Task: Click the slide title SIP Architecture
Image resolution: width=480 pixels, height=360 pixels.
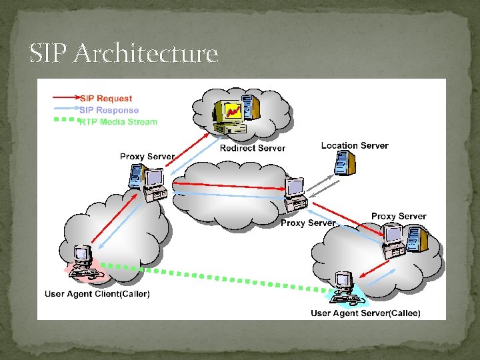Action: tap(124, 53)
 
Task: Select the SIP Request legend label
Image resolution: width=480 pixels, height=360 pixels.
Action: tap(106, 99)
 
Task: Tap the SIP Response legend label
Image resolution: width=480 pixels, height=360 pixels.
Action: tap(109, 110)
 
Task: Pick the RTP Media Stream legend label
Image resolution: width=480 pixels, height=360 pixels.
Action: tap(118, 121)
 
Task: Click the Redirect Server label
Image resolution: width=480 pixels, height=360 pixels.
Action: tap(252, 148)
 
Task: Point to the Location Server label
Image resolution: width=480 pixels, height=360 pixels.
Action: tap(354, 145)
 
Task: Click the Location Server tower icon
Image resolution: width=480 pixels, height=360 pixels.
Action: tap(344, 163)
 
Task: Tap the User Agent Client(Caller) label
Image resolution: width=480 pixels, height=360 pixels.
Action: tap(97, 293)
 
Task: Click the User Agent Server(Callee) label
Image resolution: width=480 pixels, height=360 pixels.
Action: tap(365, 313)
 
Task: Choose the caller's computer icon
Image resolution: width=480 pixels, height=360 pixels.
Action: tap(83, 262)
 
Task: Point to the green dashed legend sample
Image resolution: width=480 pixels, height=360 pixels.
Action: tap(65, 120)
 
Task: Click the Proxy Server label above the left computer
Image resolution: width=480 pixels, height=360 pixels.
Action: tap(147, 157)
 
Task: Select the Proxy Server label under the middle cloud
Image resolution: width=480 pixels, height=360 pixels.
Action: tap(308, 223)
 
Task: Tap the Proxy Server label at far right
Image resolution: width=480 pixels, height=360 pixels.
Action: tap(399, 216)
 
